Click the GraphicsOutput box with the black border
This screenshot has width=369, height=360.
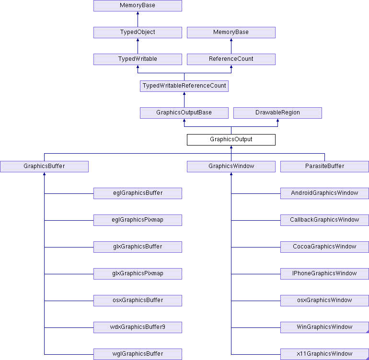coord(231,140)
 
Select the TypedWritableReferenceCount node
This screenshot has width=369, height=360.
coord(184,86)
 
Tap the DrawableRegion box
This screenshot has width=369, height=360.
coord(277,113)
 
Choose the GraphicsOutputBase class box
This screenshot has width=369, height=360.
coord(184,113)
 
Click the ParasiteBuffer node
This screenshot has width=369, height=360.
coord(324,167)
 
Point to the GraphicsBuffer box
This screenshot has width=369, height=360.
coord(44,167)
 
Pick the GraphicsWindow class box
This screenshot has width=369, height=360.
coord(231,167)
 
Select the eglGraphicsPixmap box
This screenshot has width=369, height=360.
coord(138,220)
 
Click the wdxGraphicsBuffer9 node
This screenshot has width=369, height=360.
coord(138,327)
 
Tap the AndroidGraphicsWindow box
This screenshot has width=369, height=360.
coord(324,193)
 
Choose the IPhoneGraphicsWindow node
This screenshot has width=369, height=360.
coord(324,274)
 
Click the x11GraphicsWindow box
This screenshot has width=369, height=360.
coord(324,354)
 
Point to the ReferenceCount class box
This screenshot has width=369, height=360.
coord(231,59)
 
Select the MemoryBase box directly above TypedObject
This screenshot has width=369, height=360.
coord(138,6)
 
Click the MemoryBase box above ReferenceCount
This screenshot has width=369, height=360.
coord(231,33)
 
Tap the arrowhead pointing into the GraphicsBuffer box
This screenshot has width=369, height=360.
coord(44,174)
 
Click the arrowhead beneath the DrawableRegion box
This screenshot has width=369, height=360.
coord(277,120)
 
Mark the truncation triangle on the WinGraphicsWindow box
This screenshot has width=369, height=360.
coord(368,331)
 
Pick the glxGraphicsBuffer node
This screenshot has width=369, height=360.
coord(138,247)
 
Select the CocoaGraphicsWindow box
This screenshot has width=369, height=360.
coord(324,247)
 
